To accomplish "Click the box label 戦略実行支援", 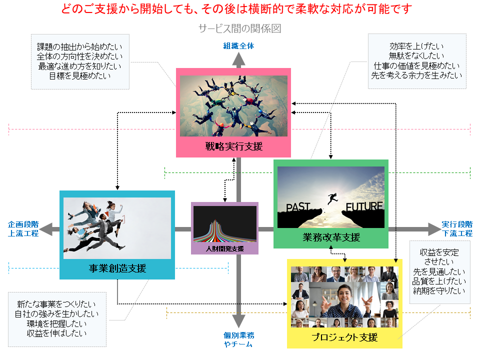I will pos(233,146).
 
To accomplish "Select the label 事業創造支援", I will pos(117,268).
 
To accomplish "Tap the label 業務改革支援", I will pos(331,237).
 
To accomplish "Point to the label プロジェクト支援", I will pos(344,337).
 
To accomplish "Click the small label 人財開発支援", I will pos(224,248).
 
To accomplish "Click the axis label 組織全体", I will pos(238,46).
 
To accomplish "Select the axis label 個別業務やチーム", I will pos(238,339).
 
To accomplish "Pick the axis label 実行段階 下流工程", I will pos(457,229).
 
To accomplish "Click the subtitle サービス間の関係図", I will pos(239,28).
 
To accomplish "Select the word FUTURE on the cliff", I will pos(364,206).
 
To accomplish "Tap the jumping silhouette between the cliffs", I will pos(332,198).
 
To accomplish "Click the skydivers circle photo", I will pos(233,105).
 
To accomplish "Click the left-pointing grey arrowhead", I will pos(46,229).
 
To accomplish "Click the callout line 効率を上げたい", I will pos(416,46).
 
